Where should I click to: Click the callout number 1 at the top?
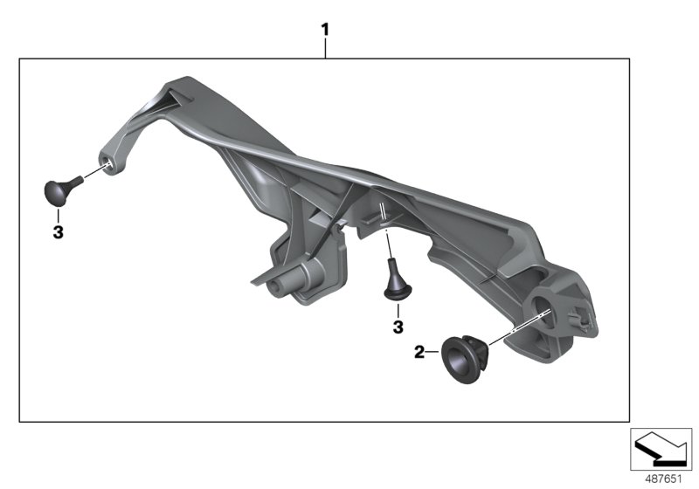325,30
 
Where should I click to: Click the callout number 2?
419,352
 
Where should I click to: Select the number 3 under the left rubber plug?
58,232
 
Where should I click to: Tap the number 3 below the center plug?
398,327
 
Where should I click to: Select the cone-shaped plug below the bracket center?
397,280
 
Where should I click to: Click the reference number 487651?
663,479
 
